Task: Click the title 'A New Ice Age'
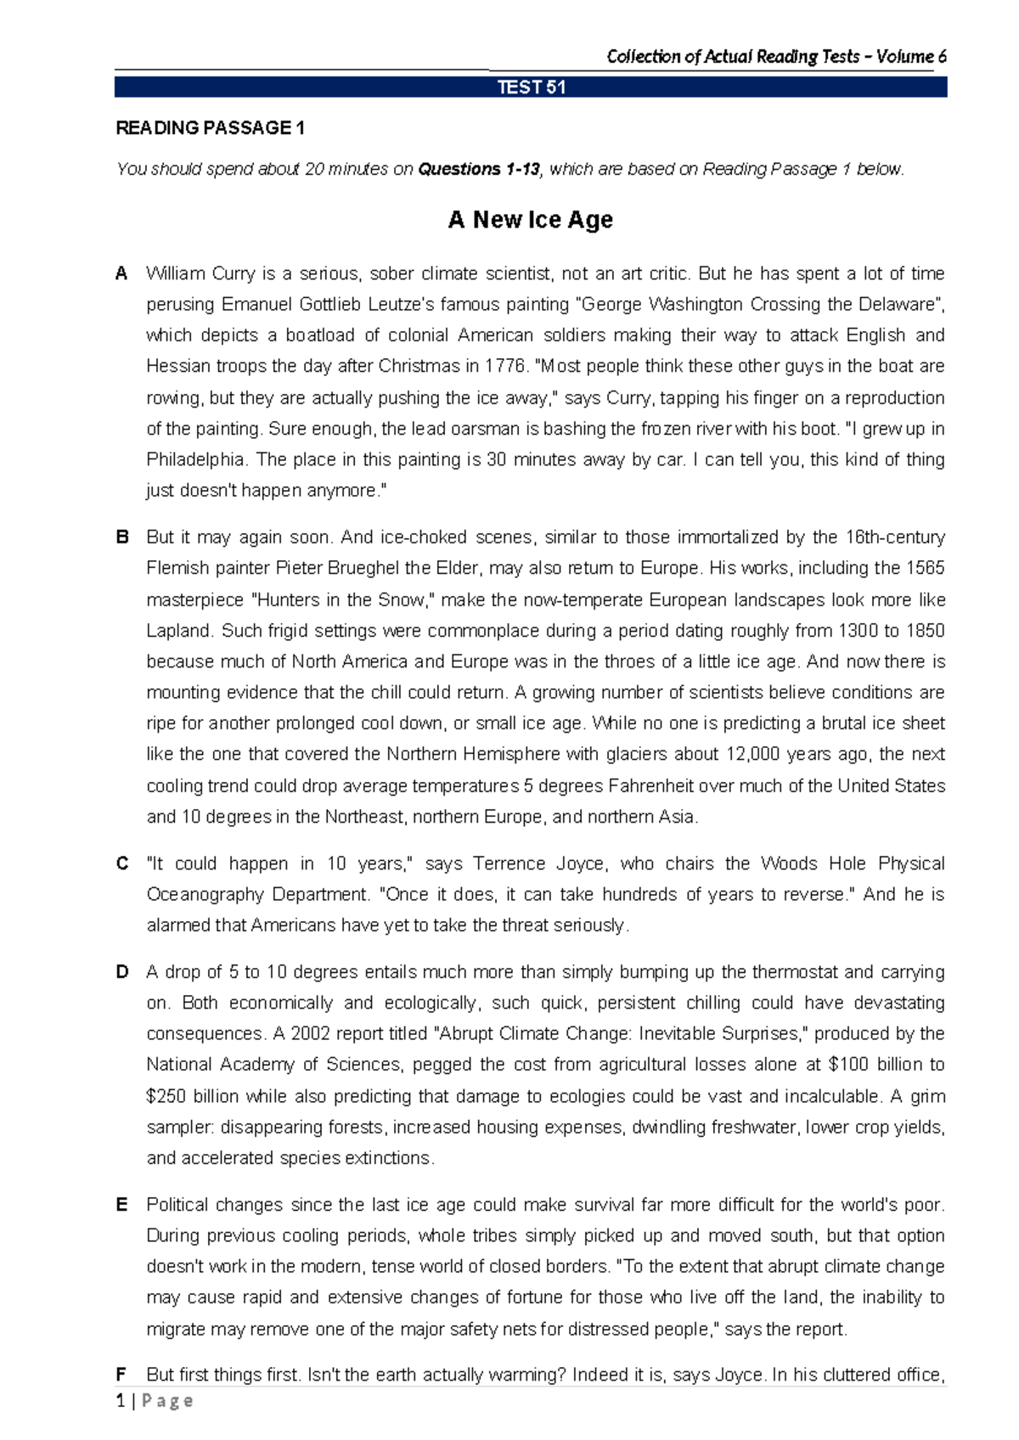pyautogui.click(x=530, y=220)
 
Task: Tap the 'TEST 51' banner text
pyautogui.click(x=531, y=87)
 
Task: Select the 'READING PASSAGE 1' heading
pyautogui.click(x=210, y=128)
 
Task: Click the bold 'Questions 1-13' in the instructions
pyautogui.click(x=478, y=169)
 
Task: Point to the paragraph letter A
pyautogui.click(x=121, y=273)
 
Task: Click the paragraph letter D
pyautogui.click(x=122, y=971)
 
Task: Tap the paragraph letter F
pyautogui.click(x=121, y=1374)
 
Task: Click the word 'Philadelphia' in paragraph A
pyautogui.click(x=195, y=459)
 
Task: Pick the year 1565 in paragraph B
pyautogui.click(x=925, y=568)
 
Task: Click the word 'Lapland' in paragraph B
pyautogui.click(x=178, y=630)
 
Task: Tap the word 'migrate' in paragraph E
pyautogui.click(x=177, y=1329)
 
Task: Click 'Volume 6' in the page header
pyautogui.click(x=911, y=57)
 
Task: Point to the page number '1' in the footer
pyautogui.click(x=121, y=1400)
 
